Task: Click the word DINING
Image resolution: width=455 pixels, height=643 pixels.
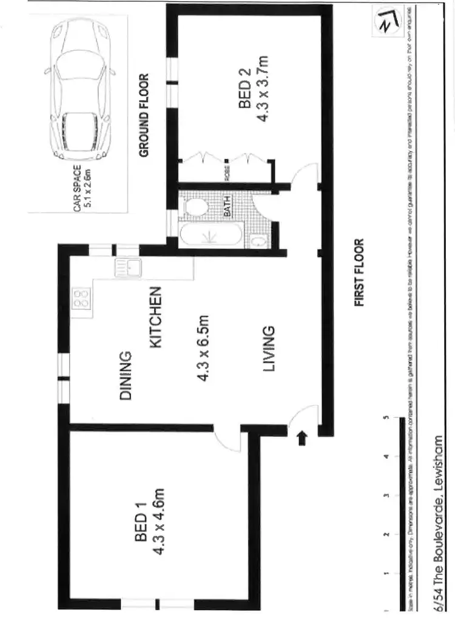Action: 126,375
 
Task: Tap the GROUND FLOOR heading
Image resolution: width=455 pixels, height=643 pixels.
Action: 144,115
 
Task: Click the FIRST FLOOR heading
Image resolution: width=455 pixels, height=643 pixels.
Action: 359,273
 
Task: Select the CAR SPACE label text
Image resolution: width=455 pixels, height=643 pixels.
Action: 77,190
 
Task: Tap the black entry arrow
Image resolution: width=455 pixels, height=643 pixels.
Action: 302,437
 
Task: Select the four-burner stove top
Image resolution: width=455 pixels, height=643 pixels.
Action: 81,297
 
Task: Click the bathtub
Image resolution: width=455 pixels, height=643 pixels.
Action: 210,235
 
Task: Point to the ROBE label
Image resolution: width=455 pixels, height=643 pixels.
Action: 227,172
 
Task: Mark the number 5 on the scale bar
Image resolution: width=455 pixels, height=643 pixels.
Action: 385,418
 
